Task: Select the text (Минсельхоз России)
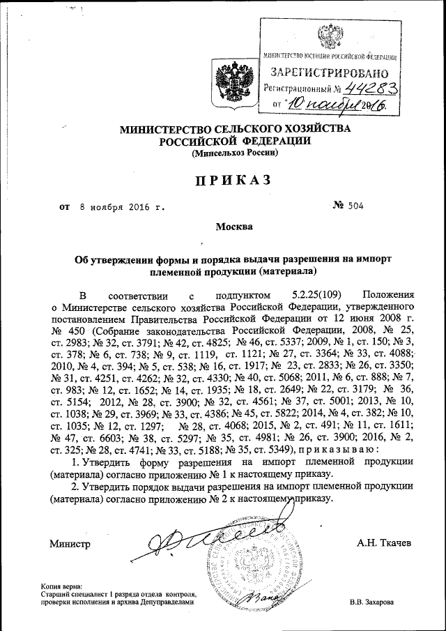point(236,152)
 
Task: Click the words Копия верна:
point(62,586)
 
